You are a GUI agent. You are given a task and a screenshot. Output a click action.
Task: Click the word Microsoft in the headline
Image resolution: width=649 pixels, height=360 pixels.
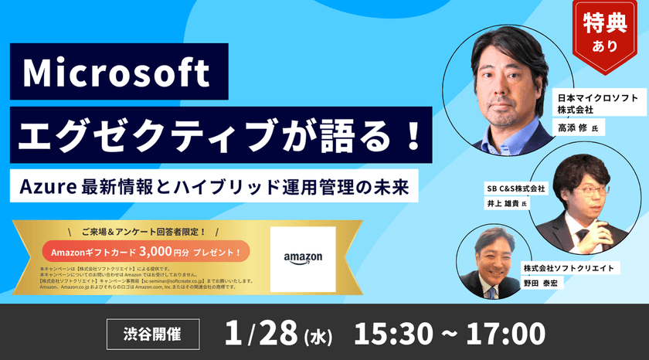tap(116, 74)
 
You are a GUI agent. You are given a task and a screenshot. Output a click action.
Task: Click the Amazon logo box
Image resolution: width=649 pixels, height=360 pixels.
tap(303, 258)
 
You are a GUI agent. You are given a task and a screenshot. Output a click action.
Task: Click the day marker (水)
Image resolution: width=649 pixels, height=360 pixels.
tap(317, 336)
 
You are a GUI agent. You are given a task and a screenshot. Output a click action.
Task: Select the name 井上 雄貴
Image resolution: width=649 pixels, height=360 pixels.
tap(502, 204)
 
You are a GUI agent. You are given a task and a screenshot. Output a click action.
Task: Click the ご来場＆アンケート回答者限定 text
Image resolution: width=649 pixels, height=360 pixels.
tap(144, 231)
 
